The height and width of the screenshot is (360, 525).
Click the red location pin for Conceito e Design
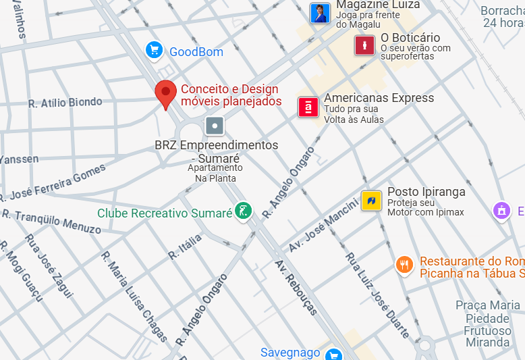pos(165,93)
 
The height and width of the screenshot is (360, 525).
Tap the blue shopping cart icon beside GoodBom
pos(155,50)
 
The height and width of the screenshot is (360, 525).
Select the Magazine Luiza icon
pos(320,13)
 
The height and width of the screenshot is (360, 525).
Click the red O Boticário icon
pos(364,45)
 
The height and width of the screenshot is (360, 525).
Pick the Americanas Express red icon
pos(308,107)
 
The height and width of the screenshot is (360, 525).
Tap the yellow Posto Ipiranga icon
pos(371,201)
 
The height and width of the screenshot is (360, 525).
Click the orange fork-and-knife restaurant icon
pos(404,264)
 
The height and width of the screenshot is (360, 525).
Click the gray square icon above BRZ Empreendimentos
pos(215,126)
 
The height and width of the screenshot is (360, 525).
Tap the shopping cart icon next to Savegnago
pos(333,354)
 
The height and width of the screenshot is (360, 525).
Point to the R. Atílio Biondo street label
pos(65,103)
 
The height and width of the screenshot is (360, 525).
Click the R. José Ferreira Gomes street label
pos(53,184)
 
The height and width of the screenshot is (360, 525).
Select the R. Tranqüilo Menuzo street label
pos(51,221)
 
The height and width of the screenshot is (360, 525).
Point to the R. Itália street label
pos(185,247)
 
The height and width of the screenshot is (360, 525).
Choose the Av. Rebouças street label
pos(296,287)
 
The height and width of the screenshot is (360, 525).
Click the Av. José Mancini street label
pos(323,224)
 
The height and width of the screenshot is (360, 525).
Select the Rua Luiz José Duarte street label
pos(377,294)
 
